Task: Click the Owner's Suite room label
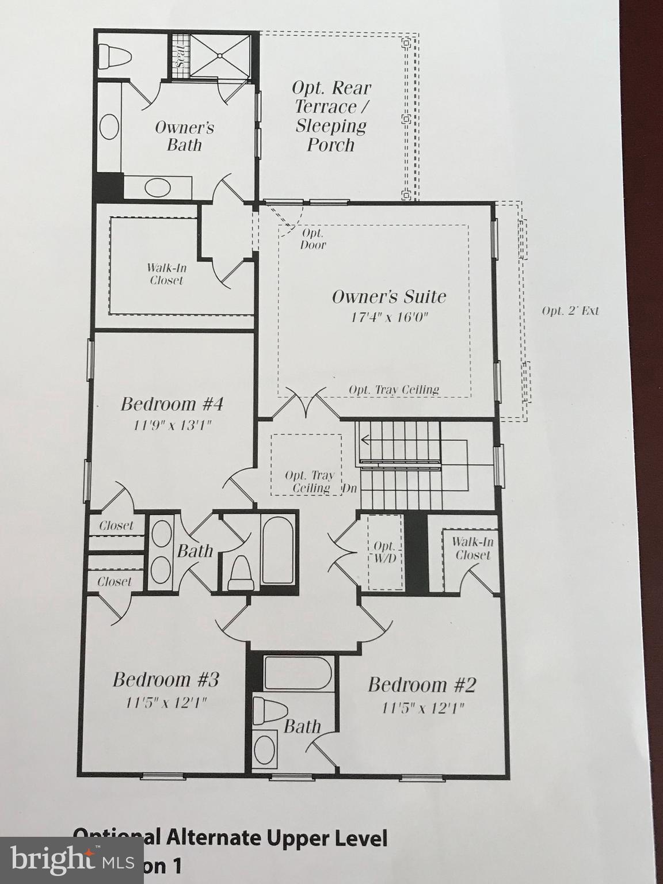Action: (x=388, y=297)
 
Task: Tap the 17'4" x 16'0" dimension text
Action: (x=390, y=317)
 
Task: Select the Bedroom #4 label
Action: (x=172, y=404)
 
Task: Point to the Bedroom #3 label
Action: (x=165, y=680)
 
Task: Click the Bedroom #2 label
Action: (x=422, y=685)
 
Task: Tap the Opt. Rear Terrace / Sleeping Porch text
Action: (x=331, y=116)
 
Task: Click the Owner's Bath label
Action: (x=184, y=136)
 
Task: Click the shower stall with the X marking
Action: (x=220, y=55)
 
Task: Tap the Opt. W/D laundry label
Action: (x=384, y=552)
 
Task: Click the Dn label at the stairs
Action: (x=350, y=488)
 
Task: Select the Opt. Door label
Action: (x=313, y=239)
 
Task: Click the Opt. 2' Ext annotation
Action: (x=570, y=311)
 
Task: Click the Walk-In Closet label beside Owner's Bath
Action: (x=166, y=274)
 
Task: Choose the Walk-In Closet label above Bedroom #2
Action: (x=473, y=548)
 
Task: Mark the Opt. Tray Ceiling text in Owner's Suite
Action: (x=394, y=390)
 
